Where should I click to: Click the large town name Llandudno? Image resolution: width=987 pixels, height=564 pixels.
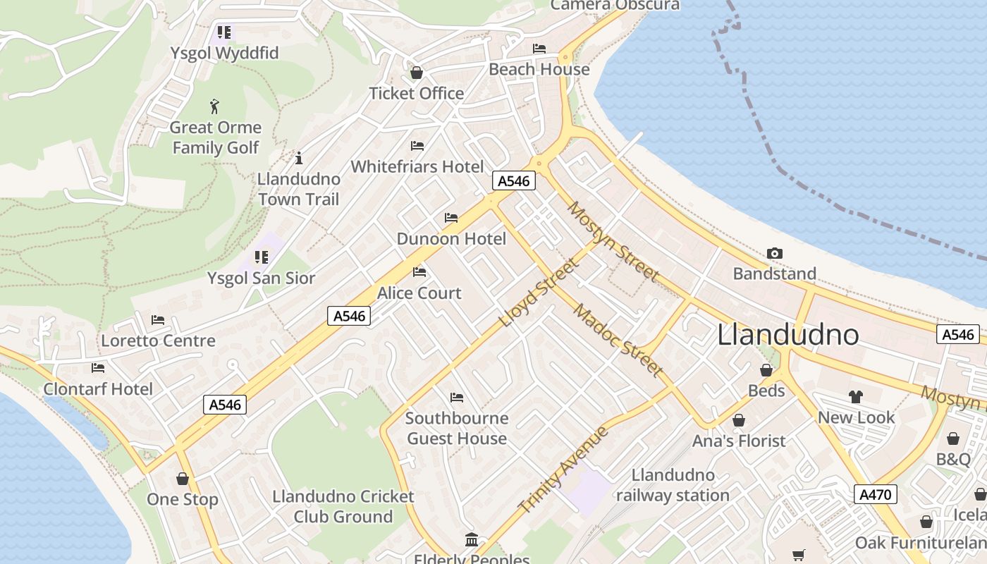[787, 335]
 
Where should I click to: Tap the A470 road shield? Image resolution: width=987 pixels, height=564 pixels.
[875, 494]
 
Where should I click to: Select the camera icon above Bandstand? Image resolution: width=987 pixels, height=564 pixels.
[774, 253]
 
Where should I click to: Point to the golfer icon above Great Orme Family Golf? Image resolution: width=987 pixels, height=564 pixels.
[215, 107]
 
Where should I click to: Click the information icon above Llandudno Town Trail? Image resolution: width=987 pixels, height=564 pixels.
[298, 158]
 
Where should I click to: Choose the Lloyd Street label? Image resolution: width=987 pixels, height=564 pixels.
[538, 293]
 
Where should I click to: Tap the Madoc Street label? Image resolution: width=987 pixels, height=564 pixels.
[618, 340]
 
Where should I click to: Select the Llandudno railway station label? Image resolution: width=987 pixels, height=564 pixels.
[673, 485]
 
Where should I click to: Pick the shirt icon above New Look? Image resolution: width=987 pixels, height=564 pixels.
[856, 397]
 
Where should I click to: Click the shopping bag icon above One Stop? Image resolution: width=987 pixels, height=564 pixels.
[183, 479]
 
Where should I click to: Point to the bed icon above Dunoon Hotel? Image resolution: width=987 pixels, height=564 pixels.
[451, 218]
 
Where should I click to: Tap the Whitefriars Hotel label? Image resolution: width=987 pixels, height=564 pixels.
[417, 166]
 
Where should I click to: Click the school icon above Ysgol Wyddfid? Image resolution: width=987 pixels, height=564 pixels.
[224, 32]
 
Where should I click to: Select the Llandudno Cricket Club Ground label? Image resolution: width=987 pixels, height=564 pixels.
[343, 506]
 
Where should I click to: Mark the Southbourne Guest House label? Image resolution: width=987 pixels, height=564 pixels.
[457, 428]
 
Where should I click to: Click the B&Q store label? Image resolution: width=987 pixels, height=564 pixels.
[953, 459]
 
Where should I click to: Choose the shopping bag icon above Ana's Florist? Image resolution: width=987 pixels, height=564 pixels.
[739, 421]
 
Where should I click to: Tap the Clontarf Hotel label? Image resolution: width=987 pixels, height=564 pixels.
[98, 388]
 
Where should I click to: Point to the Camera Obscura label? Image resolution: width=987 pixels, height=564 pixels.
[615, 6]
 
